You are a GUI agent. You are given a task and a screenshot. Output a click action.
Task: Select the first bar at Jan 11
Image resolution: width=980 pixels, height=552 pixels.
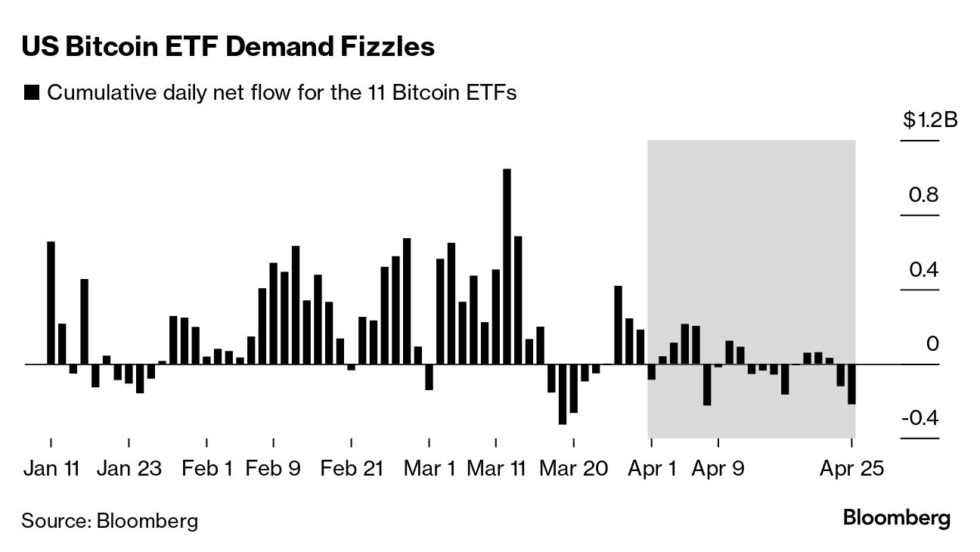(x=51, y=302)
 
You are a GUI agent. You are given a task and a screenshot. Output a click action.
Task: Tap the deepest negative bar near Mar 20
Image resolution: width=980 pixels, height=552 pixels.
(x=563, y=394)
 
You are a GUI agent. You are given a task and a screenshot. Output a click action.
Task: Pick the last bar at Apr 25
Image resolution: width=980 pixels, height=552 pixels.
(x=851, y=384)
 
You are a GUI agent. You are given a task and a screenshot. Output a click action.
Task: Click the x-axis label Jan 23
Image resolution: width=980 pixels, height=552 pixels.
(x=129, y=469)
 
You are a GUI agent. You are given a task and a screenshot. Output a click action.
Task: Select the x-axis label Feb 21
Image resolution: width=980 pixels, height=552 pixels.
(x=352, y=469)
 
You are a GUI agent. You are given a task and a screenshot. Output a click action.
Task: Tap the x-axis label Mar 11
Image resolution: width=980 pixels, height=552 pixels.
(x=496, y=469)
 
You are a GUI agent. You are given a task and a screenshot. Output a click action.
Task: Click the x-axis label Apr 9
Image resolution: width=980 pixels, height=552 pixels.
(x=718, y=469)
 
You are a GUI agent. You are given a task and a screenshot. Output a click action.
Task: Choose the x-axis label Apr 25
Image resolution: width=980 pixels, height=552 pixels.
(x=852, y=469)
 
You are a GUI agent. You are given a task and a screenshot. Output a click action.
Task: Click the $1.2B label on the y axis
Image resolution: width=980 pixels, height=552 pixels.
(x=929, y=120)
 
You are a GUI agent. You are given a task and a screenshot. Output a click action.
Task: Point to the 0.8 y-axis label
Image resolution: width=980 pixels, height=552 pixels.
(x=923, y=195)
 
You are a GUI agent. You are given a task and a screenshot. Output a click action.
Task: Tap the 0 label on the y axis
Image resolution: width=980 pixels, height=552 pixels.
(x=932, y=344)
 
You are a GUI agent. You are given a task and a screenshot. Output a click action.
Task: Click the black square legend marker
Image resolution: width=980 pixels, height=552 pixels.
(x=32, y=93)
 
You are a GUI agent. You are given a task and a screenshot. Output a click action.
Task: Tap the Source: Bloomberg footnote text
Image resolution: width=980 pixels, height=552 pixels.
(x=110, y=521)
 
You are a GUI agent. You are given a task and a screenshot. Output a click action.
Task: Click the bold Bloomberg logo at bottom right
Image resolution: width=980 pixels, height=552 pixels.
(x=896, y=519)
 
